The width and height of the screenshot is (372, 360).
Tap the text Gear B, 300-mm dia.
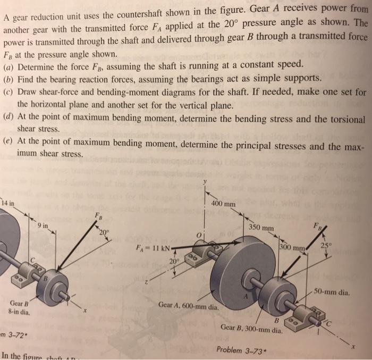click(251, 328)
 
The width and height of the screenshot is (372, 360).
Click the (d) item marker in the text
click(9, 118)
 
